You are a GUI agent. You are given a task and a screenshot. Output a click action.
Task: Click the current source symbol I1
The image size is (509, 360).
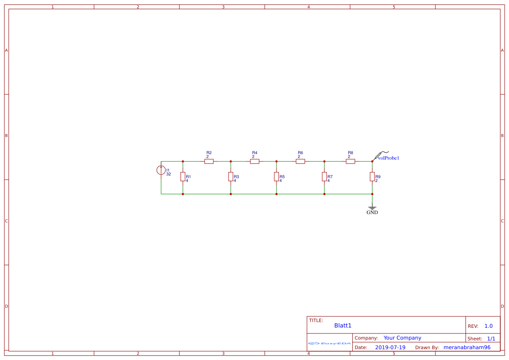(x=161, y=170)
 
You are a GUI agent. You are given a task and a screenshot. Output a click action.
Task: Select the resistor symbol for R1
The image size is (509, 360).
(x=183, y=177)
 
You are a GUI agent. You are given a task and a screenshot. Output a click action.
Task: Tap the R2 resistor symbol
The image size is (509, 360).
(x=209, y=161)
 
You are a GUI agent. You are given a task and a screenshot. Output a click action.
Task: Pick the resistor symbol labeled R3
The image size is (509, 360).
(x=231, y=177)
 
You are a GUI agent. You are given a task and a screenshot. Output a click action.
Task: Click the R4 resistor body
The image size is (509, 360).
(x=255, y=161)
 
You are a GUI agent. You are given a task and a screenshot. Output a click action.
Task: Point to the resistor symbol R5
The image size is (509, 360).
(x=276, y=177)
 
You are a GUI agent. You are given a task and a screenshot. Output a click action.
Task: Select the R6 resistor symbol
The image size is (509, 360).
(x=300, y=161)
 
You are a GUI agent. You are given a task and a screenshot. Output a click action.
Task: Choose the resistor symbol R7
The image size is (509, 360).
(x=324, y=177)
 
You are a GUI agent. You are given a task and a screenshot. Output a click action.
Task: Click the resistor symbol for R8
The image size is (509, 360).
(x=351, y=161)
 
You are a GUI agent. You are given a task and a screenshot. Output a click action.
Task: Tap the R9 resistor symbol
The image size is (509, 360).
(x=372, y=177)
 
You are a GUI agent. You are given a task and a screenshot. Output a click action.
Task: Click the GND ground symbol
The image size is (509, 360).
(x=372, y=208)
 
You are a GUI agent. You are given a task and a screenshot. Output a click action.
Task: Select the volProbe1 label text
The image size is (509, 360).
(x=388, y=158)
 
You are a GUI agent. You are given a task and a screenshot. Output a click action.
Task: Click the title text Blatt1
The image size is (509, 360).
(x=343, y=326)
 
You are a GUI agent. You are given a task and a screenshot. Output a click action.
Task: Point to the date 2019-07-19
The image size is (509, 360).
(x=390, y=347)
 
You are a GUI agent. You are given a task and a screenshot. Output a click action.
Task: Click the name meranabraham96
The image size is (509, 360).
(x=467, y=347)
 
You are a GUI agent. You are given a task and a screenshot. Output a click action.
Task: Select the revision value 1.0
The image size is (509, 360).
(x=489, y=326)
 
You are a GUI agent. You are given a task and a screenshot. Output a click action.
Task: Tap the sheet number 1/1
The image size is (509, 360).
(x=491, y=339)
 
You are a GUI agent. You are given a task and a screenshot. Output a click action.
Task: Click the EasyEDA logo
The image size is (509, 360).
(x=330, y=343)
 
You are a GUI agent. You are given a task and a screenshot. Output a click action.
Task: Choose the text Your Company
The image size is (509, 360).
(x=402, y=338)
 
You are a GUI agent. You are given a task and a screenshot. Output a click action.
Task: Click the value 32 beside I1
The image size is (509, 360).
(x=169, y=174)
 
